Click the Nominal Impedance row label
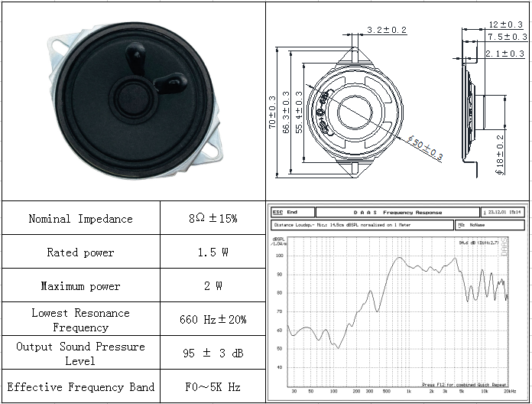coord(80,219)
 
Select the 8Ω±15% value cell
coord(213,219)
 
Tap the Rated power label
coord(80,252)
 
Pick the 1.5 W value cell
coord(213,252)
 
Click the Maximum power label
coord(80,286)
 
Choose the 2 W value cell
coord(213,286)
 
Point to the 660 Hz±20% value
coord(213,320)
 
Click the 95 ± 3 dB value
coord(213,353)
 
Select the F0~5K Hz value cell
coord(213,387)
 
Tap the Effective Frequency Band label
coord(80,387)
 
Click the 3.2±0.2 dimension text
coord(387,31)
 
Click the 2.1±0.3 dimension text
coord(505,54)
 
